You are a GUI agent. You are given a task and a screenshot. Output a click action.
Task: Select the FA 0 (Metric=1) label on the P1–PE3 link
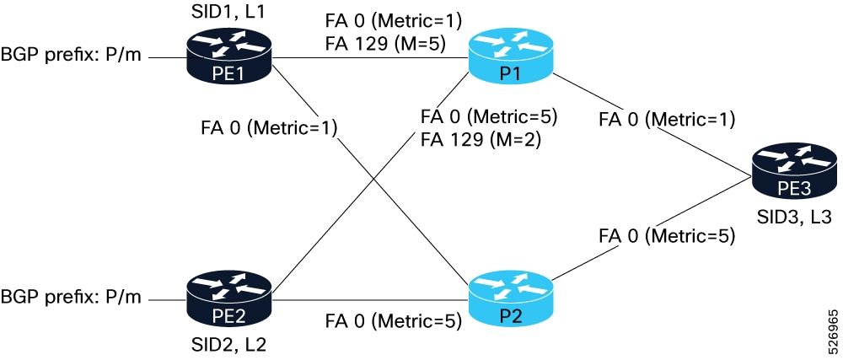point(666,119)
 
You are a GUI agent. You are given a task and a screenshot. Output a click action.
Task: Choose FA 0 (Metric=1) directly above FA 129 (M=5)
point(392,19)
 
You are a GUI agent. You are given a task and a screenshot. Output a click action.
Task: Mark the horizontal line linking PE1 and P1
point(371,58)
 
